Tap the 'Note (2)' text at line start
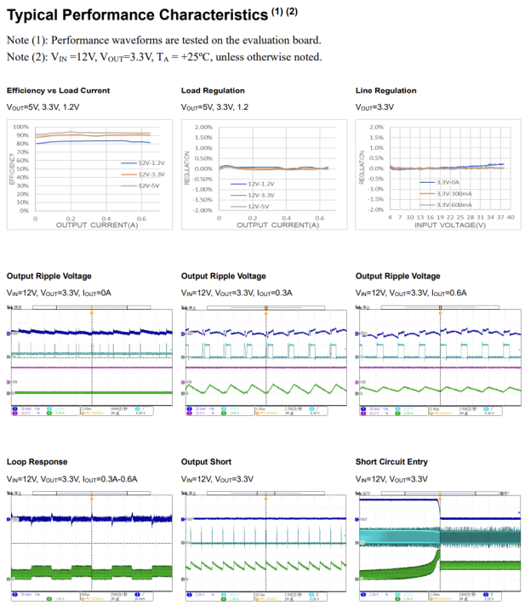(x=26, y=57)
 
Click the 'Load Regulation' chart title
(x=213, y=90)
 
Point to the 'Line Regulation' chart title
(x=385, y=90)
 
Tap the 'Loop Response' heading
(x=37, y=462)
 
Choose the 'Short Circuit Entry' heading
(x=391, y=462)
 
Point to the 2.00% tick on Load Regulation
(x=203, y=127)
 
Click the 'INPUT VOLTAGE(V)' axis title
(x=450, y=225)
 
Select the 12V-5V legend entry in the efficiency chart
(x=150, y=185)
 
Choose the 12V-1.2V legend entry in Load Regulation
(x=261, y=184)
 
